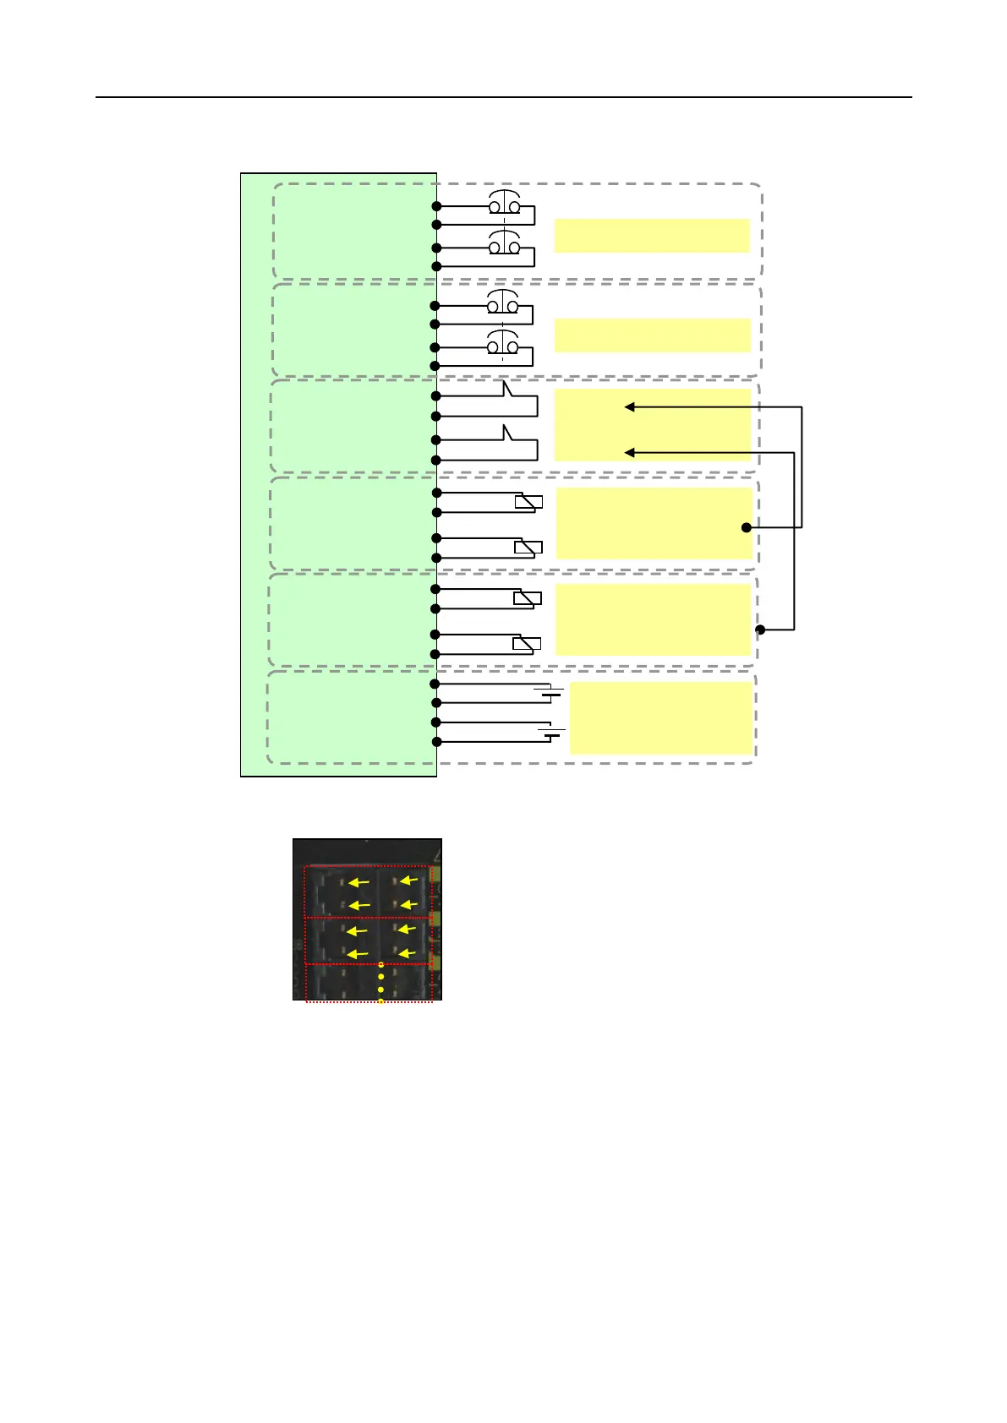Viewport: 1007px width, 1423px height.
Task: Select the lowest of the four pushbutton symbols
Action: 503,346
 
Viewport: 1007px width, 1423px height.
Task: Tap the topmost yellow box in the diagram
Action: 652,236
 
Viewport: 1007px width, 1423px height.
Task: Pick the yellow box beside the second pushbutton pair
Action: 652,335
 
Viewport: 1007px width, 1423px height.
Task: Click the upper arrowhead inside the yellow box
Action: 629,407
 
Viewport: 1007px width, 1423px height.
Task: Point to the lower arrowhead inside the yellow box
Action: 629,453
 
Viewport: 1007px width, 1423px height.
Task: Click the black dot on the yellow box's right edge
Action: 746,527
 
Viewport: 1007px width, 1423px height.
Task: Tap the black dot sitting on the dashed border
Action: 759,630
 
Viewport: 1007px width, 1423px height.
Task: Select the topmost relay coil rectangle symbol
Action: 528,502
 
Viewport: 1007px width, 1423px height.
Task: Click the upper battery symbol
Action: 549,693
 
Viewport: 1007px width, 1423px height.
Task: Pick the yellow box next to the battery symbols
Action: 660,717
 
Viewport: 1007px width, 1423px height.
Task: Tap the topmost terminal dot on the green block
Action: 436,206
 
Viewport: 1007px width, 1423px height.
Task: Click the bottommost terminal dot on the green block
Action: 436,742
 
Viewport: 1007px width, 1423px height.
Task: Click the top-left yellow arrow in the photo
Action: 359,881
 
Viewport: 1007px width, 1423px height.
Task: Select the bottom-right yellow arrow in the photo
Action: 408,953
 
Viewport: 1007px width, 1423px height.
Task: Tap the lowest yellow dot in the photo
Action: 380,1001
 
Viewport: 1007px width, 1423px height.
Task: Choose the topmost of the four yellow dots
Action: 380,964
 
